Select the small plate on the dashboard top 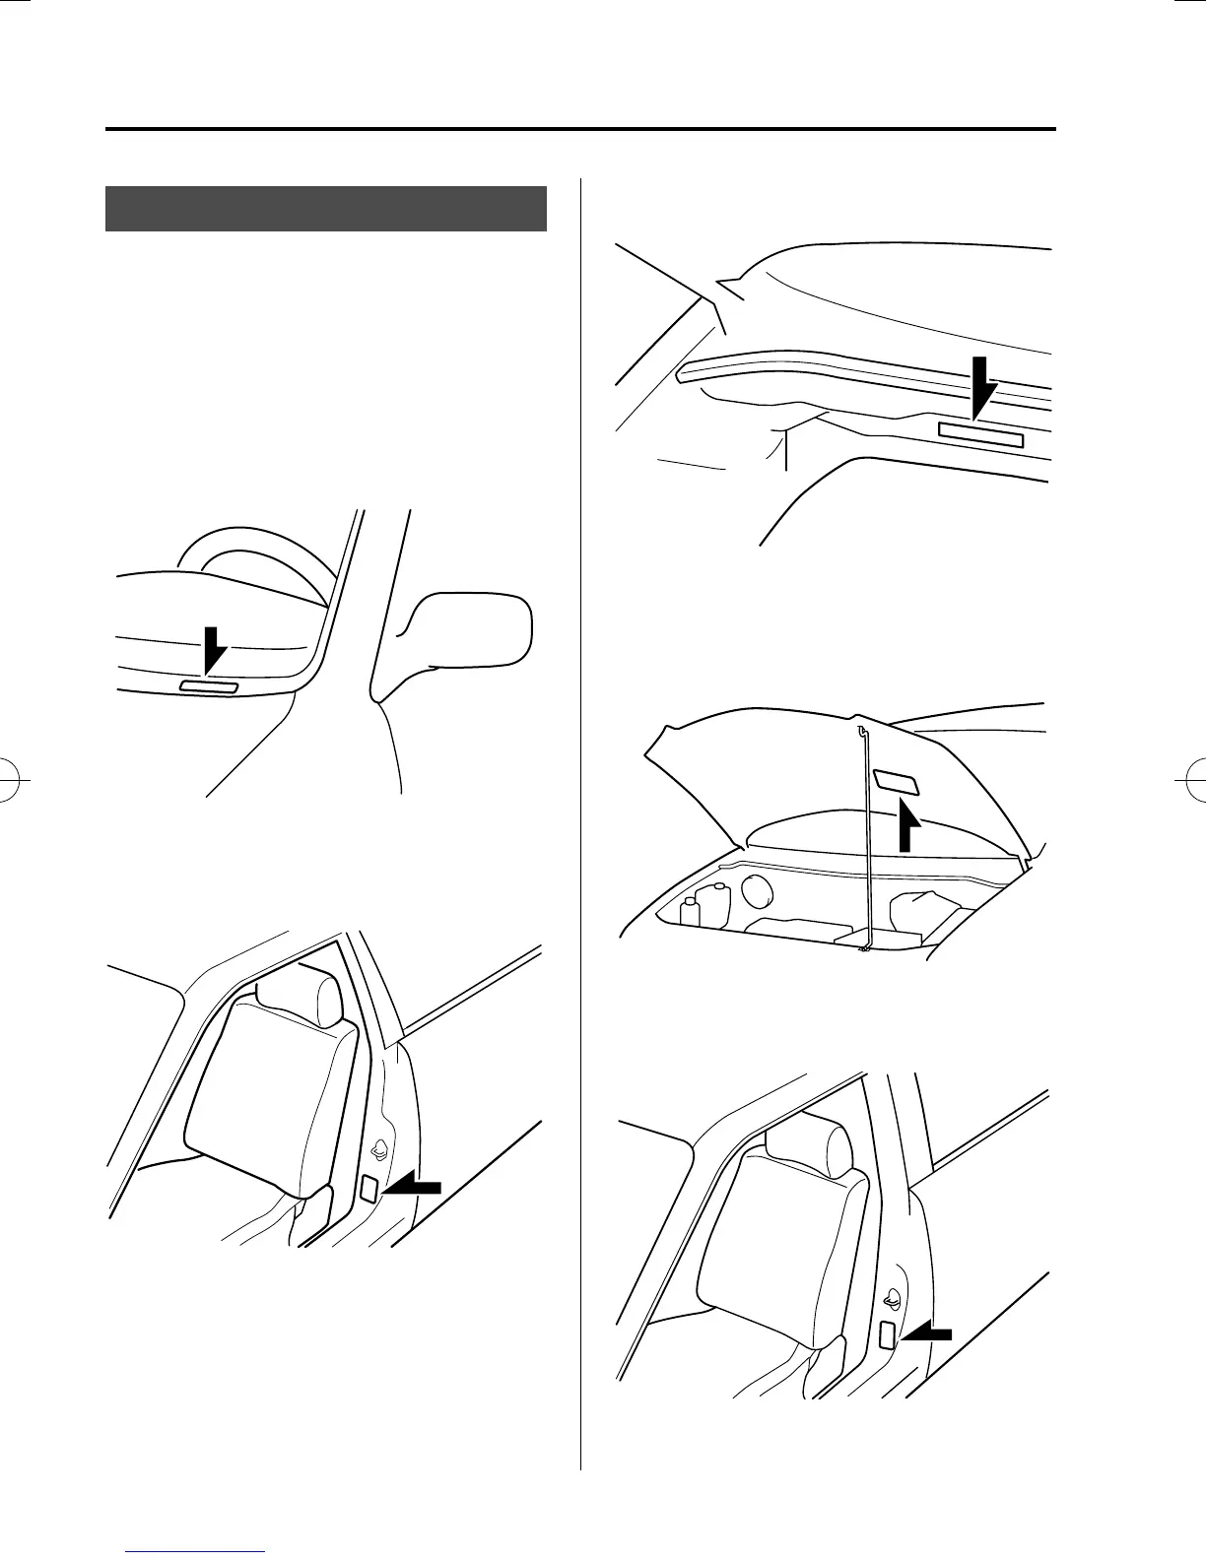(209, 686)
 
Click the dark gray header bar (326, 208)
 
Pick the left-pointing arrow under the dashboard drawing (412, 1188)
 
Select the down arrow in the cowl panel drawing (981, 388)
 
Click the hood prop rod (862, 837)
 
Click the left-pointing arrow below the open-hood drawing (929, 1332)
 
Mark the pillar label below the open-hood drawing (886, 1335)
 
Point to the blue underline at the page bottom (197, 1553)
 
